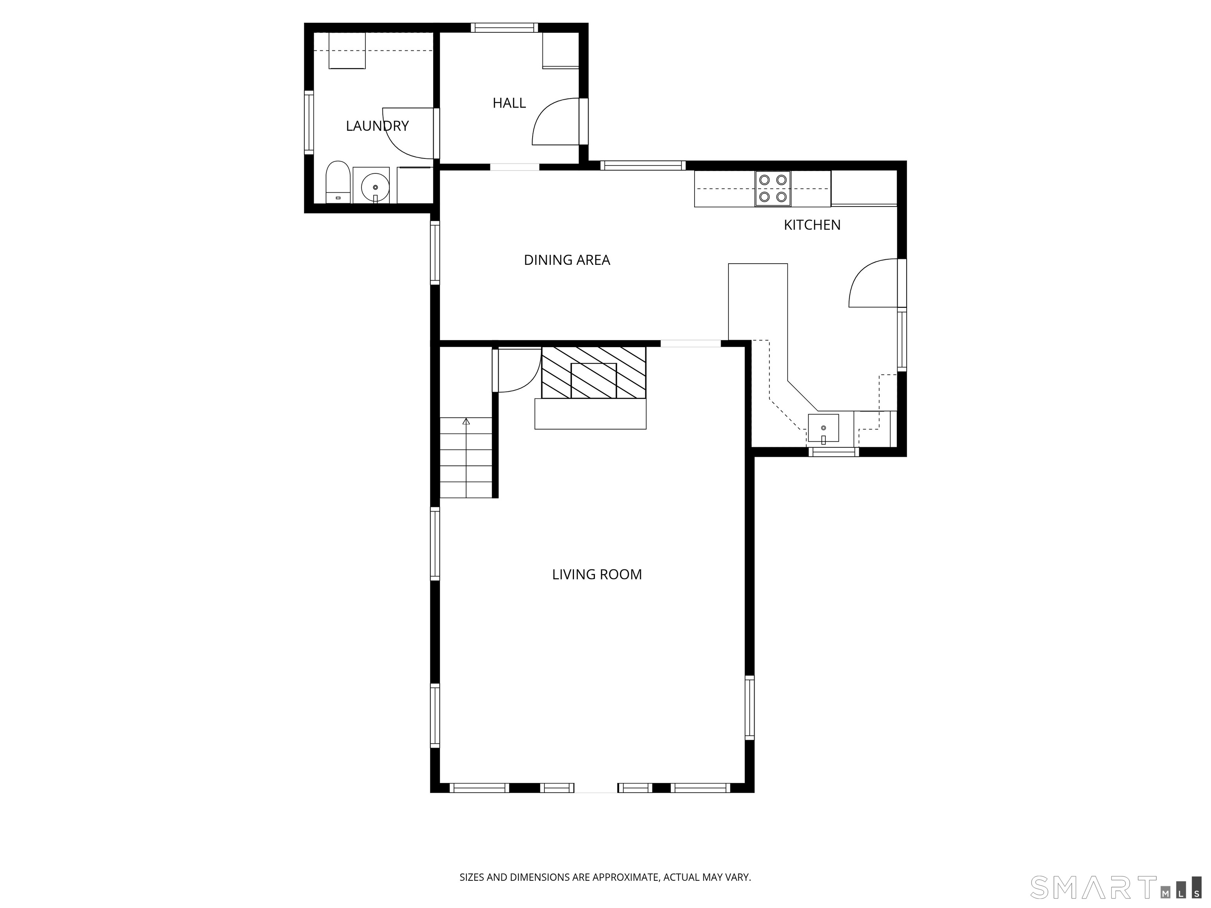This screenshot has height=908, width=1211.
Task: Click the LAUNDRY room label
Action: click(x=377, y=126)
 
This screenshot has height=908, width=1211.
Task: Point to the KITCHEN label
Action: click(x=812, y=225)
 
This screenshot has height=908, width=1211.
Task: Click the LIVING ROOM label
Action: click(x=597, y=574)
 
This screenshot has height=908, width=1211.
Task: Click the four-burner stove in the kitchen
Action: click(x=773, y=188)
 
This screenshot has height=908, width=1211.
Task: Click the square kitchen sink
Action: click(x=823, y=428)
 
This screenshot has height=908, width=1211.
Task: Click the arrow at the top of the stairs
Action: click(x=466, y=421)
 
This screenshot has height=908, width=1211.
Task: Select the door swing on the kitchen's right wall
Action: click(x=873, y=283)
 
